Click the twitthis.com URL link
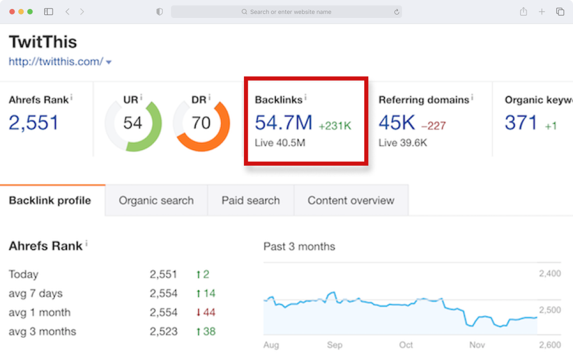(56, 62)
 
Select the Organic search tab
(156, 200)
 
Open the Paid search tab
(251, 200)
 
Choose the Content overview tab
(351, 200)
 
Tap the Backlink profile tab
(50, 200)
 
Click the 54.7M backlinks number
(284, 123)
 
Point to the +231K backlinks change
(335, 126)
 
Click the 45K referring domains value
(397, 123)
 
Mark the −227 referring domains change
(434, 126)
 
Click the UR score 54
(132, 123)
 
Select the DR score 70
(201, 123)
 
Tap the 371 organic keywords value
(521, 123)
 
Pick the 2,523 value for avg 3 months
(163, 331)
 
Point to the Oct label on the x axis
(406, 345)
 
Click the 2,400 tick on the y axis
(549, 273)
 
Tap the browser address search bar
(286, 12)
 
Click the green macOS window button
(30, 12)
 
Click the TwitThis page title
(43, 41)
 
